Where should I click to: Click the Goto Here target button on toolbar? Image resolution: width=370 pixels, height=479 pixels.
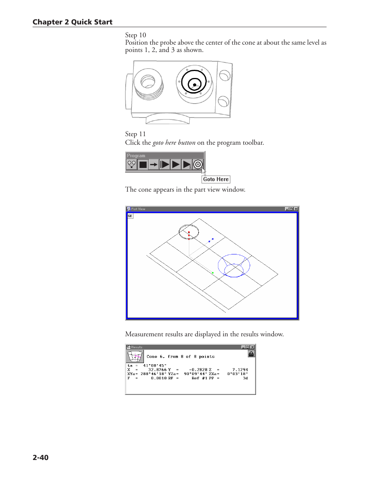(x=198, y=164)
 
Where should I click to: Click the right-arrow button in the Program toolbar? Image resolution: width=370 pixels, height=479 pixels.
(x=154, y=164)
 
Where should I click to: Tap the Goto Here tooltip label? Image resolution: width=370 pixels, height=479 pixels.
(x=216, y=179)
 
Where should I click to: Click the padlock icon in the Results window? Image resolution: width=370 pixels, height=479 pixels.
(x=251, y=354)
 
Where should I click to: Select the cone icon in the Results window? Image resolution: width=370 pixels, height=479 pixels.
(x=135, y=356)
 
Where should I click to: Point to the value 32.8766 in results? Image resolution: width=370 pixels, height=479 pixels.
(x=157, y=370)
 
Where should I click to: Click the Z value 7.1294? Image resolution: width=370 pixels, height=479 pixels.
(x=240, y=370)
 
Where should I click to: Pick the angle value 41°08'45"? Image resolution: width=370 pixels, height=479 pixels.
(x=154, y=365)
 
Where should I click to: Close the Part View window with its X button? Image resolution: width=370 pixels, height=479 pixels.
(x=296, y=209)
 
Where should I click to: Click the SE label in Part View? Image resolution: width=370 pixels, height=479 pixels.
(x=130, y=216)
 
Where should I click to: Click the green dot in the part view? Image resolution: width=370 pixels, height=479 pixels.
(x=213, y=273)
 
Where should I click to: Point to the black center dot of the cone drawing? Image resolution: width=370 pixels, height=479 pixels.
(x=195, y=85)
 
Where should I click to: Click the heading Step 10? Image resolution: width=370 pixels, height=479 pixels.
(x=135, y=35)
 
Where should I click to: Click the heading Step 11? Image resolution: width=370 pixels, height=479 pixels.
(x=135, y=134)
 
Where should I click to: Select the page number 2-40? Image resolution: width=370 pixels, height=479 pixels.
(x=40, y=457)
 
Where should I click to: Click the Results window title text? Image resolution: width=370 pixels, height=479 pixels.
(x=137, y=347)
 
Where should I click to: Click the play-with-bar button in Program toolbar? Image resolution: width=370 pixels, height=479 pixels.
(x=164, y=164)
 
